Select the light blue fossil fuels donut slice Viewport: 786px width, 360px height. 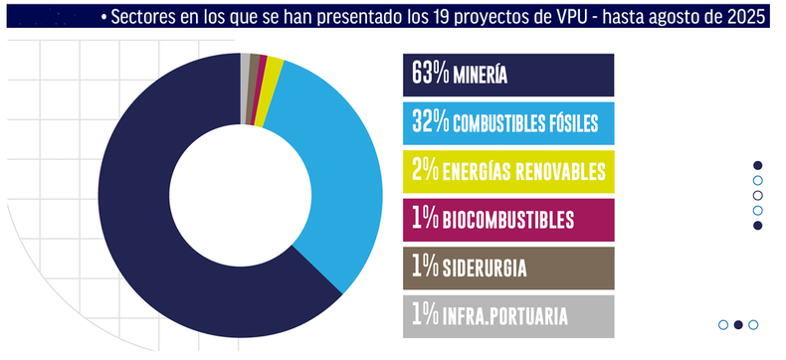click(338, 179)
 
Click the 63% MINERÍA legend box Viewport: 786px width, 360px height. click(507, 75)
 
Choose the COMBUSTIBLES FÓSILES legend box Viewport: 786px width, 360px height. click(507, 123)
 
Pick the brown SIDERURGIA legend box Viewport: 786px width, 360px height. click(507, 268)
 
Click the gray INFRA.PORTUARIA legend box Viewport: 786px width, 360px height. click(507, 316)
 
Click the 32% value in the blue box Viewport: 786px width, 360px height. click(429, 123)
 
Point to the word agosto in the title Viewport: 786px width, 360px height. click(676, 19)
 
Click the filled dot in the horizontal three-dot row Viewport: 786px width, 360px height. click(738, 324)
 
